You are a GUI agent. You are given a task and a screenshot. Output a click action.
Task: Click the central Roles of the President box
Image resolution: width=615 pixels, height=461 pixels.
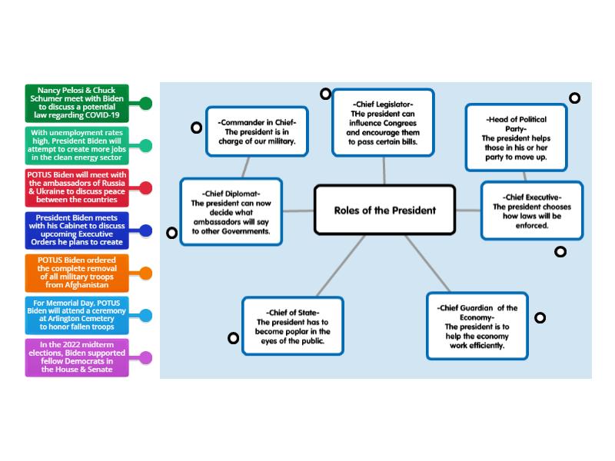point(384,210)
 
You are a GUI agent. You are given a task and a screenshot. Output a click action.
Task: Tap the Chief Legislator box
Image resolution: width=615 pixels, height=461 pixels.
point(384,122)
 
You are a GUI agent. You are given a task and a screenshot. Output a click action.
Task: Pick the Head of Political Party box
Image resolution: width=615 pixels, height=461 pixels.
point(516,138)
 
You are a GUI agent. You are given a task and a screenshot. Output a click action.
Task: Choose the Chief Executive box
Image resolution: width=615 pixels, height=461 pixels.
point(531,210)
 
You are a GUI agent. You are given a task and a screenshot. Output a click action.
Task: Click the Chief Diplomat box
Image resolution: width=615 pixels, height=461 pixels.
point(231,211)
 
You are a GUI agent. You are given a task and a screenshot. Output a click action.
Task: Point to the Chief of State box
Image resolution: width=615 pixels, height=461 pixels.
point(293,326)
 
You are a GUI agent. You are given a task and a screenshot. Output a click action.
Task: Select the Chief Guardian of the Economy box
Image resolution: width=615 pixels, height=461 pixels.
point(477,326)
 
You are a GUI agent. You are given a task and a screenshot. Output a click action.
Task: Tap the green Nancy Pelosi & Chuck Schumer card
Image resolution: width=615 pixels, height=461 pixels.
point(77,103)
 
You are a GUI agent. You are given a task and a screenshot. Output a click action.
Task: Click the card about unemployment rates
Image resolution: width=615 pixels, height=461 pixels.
point(77,145)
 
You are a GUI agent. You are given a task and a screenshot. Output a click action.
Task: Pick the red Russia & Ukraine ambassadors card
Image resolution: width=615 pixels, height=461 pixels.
point(77,187)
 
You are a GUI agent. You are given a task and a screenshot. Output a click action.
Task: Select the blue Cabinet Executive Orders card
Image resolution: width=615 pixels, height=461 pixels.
point(77,230)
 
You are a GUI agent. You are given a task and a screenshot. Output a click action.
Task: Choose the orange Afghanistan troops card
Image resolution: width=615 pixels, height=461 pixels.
point(77,273)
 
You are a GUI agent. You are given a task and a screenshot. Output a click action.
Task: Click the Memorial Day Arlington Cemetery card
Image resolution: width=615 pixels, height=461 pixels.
point(77,315)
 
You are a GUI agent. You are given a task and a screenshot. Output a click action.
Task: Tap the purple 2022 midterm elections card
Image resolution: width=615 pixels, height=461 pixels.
point(77,357)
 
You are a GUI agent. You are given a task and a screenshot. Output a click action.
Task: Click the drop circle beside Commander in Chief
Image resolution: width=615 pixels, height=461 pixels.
point(197,128)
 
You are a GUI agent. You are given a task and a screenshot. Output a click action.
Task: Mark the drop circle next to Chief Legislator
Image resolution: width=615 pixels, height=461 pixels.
point(326,94)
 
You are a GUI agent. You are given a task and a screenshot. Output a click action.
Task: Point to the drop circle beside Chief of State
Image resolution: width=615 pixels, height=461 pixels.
point(233,337)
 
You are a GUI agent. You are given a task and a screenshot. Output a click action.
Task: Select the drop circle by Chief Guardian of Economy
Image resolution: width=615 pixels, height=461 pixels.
point(540,317)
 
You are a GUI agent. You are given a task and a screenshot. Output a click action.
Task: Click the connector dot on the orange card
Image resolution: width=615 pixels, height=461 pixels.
point(145,273)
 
